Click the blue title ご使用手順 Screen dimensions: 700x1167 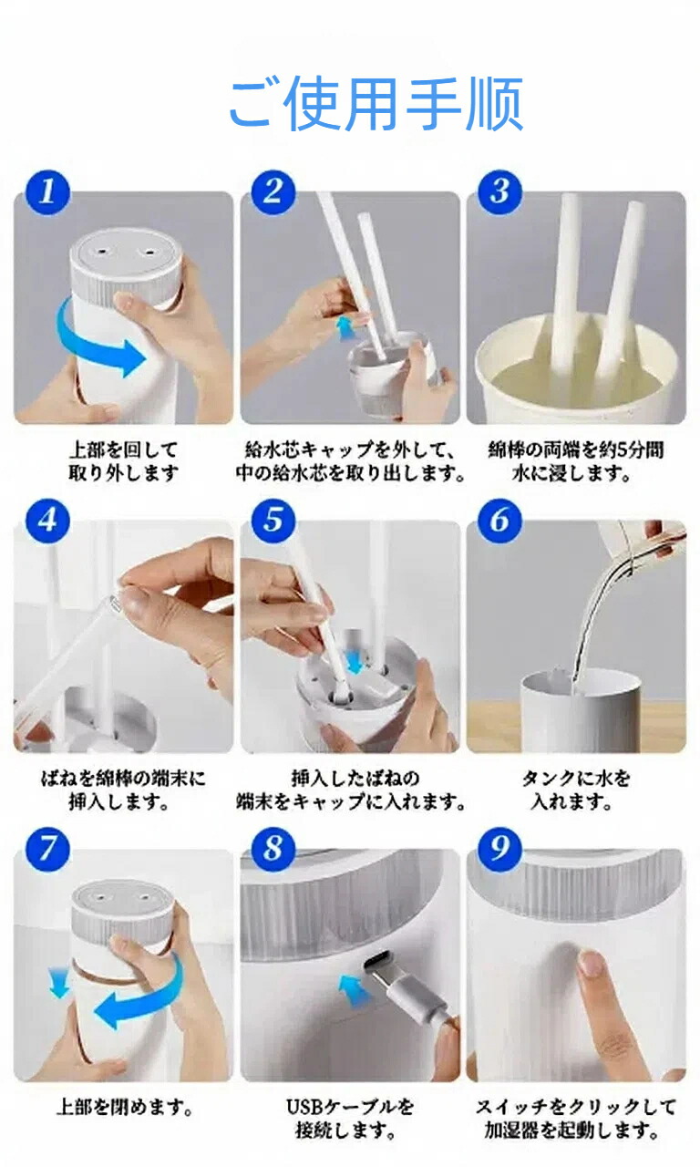pyautogui.click(x=376, y=103)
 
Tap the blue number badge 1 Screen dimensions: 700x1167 pyautogui.click(x=47, y=191)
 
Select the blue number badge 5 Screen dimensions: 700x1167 pyautogui.click(x=273, y=521)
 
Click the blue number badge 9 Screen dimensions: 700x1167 pyautogui.click(x=499, y=849)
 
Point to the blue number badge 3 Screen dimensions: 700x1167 pyautogui.click(x=499, y=191)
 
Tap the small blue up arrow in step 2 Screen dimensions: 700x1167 pyautogui.click(x=344, y=328)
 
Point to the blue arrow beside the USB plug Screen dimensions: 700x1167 pyautogui.click(x=355, y=990)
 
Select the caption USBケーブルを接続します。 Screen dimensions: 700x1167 pyautogui.click(x=349, y=1119)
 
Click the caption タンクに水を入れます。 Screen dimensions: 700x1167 pyautogui.click(x=575, y=790)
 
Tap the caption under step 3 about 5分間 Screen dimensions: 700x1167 pyautogui.click(x=575, y=461)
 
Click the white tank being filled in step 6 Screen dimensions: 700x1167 pyautogui.click(x=579, y=709)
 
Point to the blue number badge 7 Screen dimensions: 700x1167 pyautogui.click(x=47, y=849)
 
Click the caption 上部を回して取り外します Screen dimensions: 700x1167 pyautogui.click(x=123, y=461)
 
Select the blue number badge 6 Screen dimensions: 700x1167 pyautogui.click(x=499, y=521)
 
